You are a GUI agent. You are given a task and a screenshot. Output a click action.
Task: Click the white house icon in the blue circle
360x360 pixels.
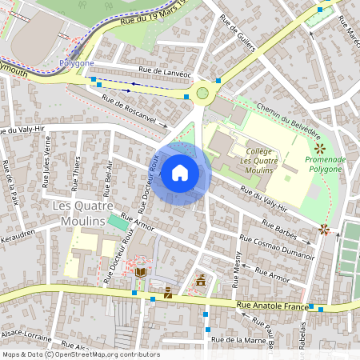point(179,172)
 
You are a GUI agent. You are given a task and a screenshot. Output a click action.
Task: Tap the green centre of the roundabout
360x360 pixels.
point(203,93)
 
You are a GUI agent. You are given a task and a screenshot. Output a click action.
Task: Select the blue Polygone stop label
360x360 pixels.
point(76,62)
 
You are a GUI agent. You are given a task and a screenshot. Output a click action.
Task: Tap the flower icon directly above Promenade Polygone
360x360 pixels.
point(319,148)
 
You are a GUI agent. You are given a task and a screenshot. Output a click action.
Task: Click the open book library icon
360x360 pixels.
point(141,273)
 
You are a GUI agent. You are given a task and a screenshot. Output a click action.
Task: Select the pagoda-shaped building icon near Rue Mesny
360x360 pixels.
point(201,281)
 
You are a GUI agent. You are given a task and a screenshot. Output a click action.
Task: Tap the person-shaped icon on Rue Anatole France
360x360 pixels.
point(168,294)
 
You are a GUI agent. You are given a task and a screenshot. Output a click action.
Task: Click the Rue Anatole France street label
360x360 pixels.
point(271,306)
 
